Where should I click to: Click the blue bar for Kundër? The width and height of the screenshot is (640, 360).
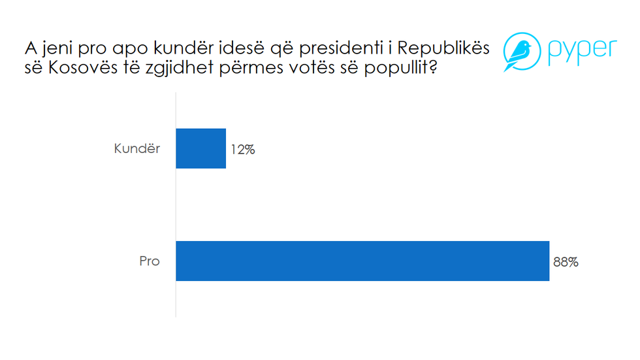tap(201, 148)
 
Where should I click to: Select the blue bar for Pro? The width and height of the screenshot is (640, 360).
tap(362, 261)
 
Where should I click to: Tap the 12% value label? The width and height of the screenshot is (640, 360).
tap(242, 150)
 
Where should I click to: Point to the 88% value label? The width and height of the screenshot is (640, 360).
tap(566, 262)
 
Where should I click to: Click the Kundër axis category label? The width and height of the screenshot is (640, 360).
tap(136, 148)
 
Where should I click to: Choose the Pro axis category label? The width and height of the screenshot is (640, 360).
tap(149, 261)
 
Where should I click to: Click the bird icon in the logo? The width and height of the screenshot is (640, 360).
tap(519, 53)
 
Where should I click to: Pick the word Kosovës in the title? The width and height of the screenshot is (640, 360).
tap(82, 67)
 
